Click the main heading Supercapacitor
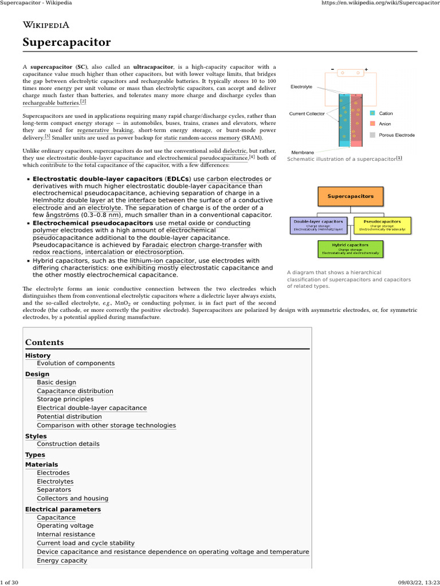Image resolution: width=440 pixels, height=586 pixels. point(66,42)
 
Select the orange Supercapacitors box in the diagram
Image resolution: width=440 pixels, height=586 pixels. point(350,196)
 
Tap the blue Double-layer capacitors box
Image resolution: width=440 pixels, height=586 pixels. point(318,224)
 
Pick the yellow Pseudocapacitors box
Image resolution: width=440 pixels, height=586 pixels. point(382,224)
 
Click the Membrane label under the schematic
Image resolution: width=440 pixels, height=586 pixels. point(302,153)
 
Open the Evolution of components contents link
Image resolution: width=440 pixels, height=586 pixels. point(76,363)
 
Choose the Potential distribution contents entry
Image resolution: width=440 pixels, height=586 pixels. point(69,417)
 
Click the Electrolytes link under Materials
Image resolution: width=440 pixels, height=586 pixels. point(55,481)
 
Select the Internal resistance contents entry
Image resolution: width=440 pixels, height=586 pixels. point(65,534)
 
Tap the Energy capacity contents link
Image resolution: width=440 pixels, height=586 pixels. point(62,560)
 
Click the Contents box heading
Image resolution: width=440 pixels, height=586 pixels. point(45,342)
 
